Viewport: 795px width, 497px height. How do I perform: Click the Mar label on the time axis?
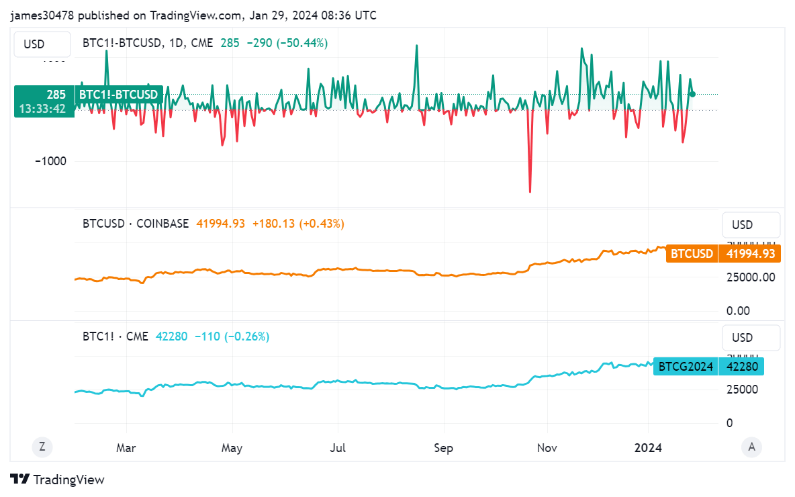(126, 448)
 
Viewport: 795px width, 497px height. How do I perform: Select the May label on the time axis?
(232, 448)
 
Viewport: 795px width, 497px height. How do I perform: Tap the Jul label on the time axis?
(338, 448)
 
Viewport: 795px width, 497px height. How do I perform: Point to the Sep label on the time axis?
(443, 448)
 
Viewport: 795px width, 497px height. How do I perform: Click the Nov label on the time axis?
(547, 448)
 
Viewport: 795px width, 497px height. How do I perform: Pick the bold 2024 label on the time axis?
(649, 448)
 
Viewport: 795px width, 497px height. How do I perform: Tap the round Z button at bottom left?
(42, 447)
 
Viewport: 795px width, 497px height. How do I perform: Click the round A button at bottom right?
(751, 447)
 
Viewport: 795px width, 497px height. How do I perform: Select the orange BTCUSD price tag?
(692, 254)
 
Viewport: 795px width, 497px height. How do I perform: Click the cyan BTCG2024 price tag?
(686, 367)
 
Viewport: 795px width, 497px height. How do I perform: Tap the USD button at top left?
(34, 44)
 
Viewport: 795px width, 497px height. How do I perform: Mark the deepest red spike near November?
(530, 192)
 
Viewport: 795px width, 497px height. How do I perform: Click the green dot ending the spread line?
(692, 94)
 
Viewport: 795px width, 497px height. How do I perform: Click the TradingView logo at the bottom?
(58, 480)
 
